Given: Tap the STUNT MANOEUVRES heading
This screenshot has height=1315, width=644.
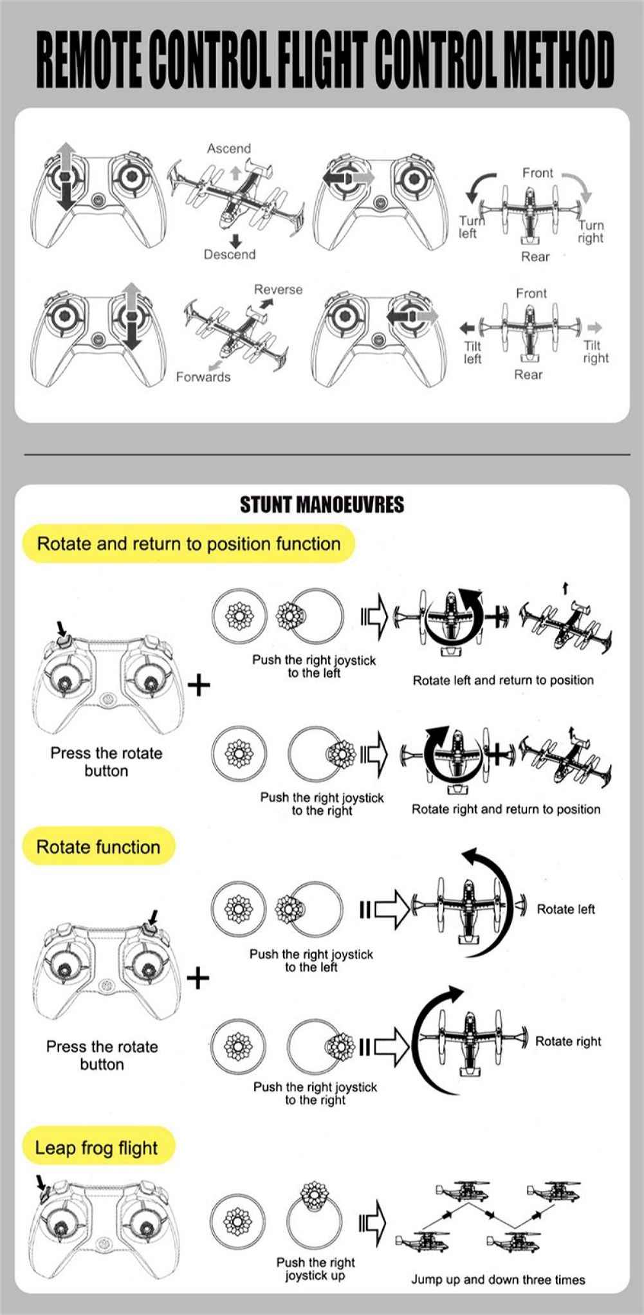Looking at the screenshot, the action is coord(322,504).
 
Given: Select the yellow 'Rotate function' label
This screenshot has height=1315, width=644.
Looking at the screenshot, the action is coord(98,847).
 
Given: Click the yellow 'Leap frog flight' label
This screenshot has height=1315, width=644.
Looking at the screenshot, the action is coord(97,1148).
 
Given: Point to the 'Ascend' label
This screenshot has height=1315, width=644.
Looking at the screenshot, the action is coord(229,149).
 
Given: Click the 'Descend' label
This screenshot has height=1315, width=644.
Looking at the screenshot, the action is coord(230,255).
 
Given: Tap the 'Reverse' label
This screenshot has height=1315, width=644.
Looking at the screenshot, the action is coord(278,290).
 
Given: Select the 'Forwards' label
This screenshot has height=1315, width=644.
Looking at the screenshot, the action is coord(203,377).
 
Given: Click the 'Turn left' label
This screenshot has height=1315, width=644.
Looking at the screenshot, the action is coord(468,226).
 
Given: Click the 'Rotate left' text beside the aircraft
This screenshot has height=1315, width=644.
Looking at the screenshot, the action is coord(566,909).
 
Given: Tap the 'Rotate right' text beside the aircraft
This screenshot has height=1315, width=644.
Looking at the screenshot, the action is coord(568,1041).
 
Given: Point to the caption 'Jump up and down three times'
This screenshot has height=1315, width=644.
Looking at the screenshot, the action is coord(499,1280).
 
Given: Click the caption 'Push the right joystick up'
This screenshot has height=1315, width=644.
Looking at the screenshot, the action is coord(315,1268).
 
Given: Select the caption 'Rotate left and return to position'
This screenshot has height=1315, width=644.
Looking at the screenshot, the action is coord(503,680).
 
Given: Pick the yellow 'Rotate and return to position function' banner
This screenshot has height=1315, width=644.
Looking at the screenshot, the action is coord(189,544).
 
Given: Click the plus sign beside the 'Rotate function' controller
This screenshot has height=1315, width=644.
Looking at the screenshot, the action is coord(199,979).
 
